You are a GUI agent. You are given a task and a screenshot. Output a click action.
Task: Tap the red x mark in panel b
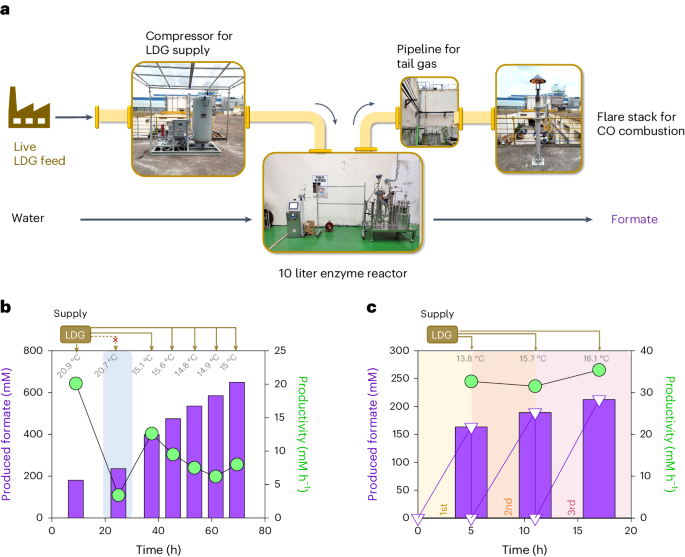(x=116, y=340)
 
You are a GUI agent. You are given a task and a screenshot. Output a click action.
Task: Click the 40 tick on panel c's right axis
(x=645, y=351)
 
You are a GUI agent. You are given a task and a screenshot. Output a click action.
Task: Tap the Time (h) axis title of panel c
(x=523, y=548)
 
